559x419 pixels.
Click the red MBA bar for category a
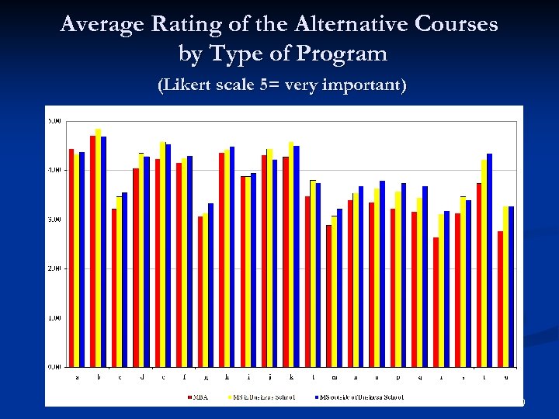point(71,257)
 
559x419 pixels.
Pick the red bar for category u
point(501,299)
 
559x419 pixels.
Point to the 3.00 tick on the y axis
point(55,220)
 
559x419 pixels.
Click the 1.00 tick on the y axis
point(55,317)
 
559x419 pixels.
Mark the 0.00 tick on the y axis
point(55,366)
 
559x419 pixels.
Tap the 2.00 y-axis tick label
point(55,268)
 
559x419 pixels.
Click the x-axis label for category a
point(76,379)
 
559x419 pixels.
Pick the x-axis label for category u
point(506,379)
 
